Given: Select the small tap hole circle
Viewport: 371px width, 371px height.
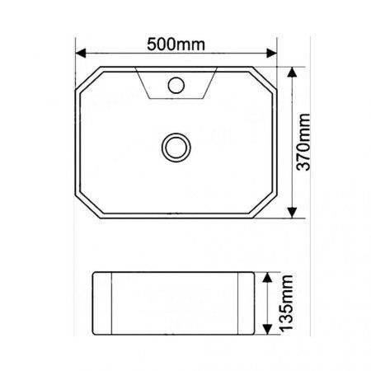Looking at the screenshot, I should pyautogui.click(x=176, y=83).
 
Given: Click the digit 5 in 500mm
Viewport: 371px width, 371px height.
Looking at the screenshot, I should pyautogui.click(x=153, y=44).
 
